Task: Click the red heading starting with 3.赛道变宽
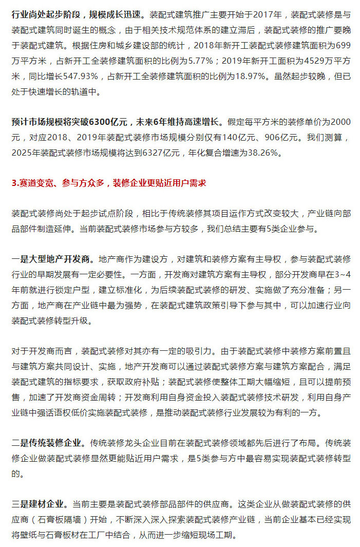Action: tap(108, 183)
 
